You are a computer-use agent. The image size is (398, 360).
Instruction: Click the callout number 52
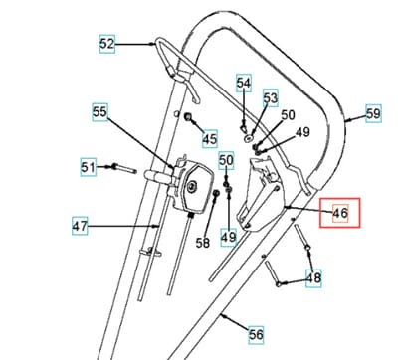tap(106, 44)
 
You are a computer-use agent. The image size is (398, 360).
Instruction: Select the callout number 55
tap(99, 112)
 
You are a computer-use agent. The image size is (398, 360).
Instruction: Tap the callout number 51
tap(88, 167)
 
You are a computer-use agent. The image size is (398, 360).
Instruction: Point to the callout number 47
tap(80, 226)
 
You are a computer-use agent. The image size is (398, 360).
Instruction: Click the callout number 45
tap(210, 138)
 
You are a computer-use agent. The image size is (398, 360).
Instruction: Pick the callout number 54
tap(244, 83)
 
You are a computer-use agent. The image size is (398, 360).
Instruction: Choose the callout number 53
tap(271, 98)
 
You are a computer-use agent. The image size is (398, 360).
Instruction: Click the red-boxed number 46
tap(340, 213)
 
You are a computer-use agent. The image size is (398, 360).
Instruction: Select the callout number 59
tap(373, 113)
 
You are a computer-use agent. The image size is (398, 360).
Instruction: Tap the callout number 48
tap(313, 277)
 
